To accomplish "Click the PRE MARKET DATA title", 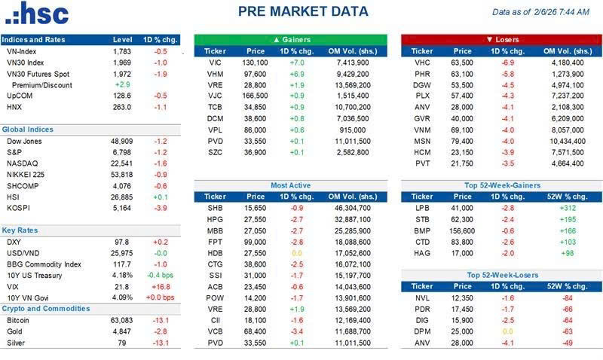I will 303,11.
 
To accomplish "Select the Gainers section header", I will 290,39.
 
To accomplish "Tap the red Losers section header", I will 500,39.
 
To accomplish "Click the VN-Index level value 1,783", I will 122,51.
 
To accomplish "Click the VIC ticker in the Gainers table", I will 215,63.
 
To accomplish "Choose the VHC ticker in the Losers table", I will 422,63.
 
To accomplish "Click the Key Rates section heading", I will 20,230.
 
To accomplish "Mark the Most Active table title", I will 290,185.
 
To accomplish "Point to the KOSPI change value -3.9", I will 160,207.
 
